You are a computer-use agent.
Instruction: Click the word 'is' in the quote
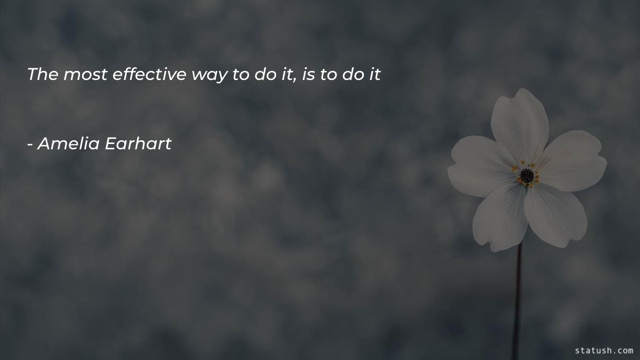coord(308,75)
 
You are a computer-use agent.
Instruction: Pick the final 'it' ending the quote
coord(374,75)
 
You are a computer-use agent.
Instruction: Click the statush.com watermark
coord(604,350)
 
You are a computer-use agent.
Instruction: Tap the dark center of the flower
coord(526,175)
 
